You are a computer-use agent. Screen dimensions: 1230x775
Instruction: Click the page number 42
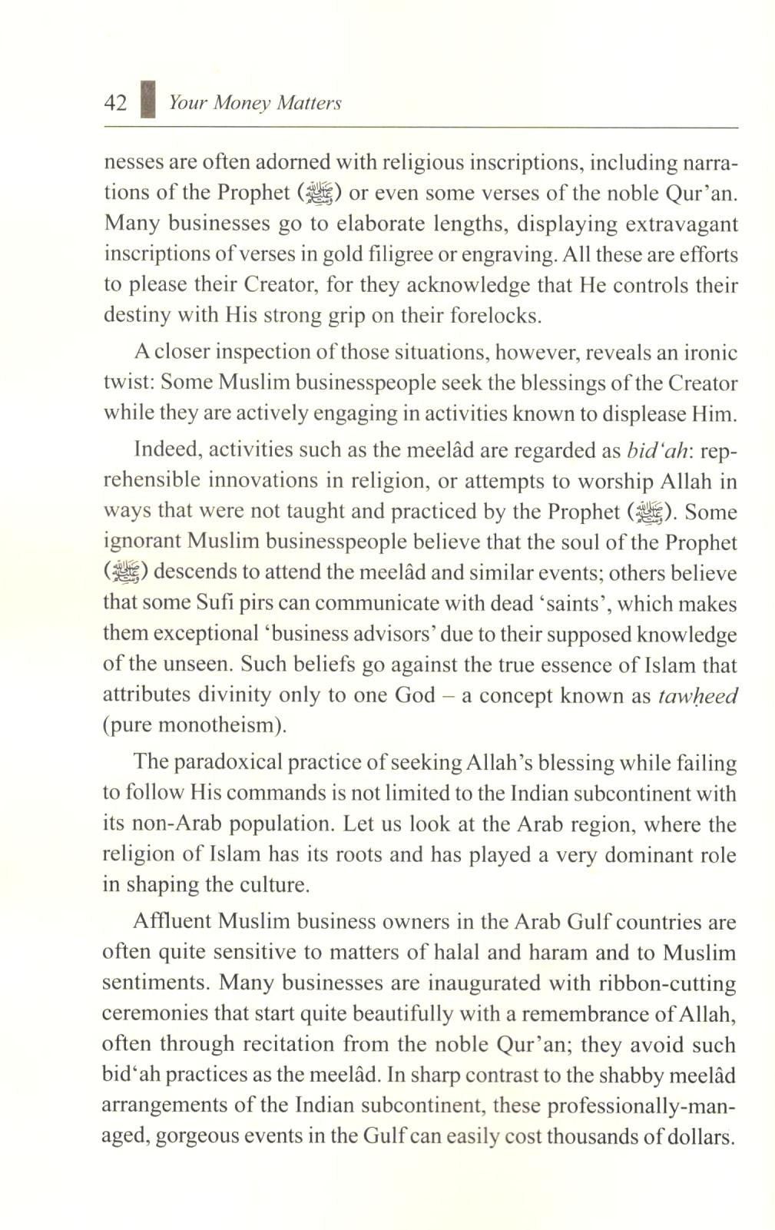pos(115,103)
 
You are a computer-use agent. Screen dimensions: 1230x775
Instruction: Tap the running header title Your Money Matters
pos(255,103)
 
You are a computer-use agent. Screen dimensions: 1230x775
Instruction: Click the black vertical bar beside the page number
pos(148,101)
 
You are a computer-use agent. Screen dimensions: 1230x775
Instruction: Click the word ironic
pos(707,353)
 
